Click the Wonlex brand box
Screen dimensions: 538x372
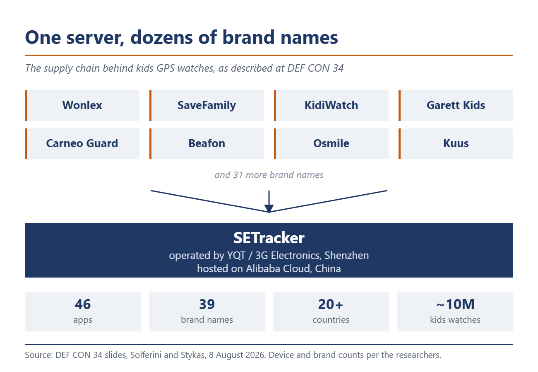pos(82,106)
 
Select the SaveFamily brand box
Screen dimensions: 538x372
pos(207,106)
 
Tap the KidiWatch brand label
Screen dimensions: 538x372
pos(331,105)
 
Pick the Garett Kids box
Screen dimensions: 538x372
pos(456,106)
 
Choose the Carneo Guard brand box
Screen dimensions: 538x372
pos(82,144)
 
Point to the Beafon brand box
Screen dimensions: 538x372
pos(207,144)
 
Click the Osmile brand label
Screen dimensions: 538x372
pos(331,143)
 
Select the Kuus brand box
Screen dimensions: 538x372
pos(456,144)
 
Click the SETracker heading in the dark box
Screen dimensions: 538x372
pos(269,238)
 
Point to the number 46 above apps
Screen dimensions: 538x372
pos(83,304)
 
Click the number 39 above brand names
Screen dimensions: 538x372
pos(207,304)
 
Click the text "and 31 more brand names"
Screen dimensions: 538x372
pos(269,175)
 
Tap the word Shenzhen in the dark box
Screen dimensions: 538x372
pos(346,255)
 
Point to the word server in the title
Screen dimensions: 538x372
pos(95,38)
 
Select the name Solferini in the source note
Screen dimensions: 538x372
pos(146,355)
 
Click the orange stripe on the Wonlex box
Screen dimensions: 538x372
pos(26,106)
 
